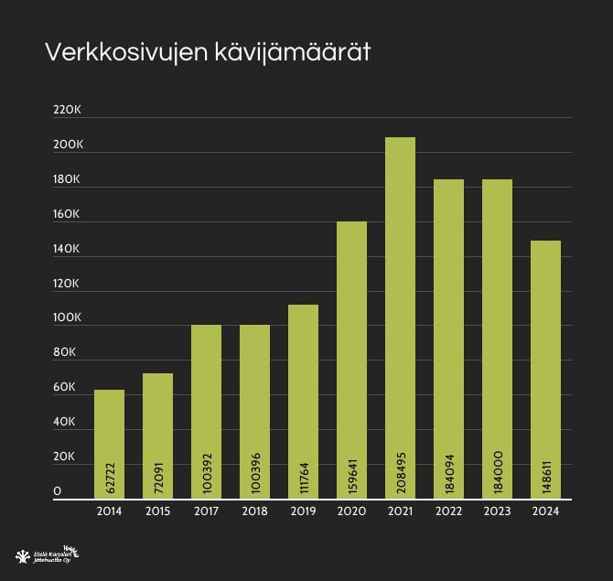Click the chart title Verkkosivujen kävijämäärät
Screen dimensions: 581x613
click(x=208, y=53)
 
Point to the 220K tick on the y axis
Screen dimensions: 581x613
click(x=68, y=110)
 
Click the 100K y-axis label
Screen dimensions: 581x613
click(x=68, y=317)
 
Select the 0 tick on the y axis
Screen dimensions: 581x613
click(x=58, y=491)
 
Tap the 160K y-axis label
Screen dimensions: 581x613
click(x=68, y=214)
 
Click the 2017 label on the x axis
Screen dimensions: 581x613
click(x=206, y=511)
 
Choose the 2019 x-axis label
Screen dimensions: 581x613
click(x=303, y=511)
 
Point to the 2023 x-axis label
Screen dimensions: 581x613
click(x=497, y=511)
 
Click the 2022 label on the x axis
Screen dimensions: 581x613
click(x=448, y=511)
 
